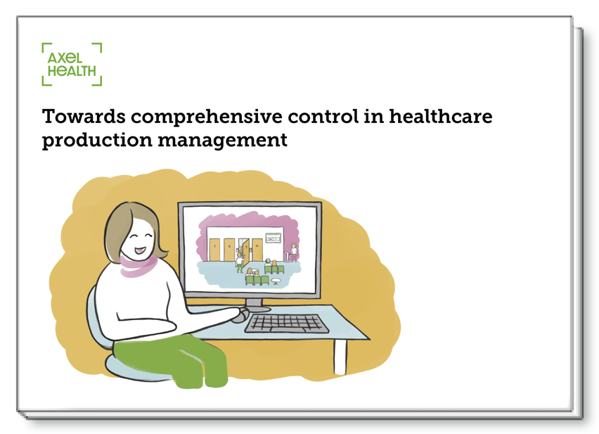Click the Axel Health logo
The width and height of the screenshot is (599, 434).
(72, 65)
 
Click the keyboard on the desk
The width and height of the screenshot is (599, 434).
(286, 323)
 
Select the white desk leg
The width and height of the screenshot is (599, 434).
(340, 356)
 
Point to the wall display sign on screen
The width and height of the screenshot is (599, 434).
(273, 239)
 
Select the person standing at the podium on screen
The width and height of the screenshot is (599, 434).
(293, 251)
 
